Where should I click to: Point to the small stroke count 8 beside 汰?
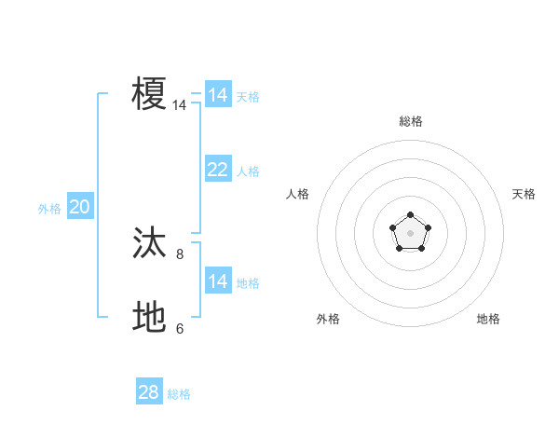pos(180,253)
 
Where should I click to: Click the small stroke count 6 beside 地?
pos(180,328)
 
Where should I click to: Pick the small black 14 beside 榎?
pos(179,105)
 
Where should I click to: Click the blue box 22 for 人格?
pos(217,170)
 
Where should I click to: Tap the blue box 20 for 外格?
pos(79,207)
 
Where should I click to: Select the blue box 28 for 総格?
pos(149,392)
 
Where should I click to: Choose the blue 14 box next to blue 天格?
pos(217,95)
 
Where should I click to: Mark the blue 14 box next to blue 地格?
pos(217,281)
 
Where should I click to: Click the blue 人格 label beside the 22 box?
pos(248,171)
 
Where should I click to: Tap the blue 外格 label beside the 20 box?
pos(49,209)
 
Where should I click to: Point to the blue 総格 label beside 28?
pos(179,394)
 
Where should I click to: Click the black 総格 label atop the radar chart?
pos(410,121)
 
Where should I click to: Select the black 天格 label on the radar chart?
pos(524,194)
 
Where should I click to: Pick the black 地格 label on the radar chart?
pos(488,319)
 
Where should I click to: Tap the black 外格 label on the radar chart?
pos(328,319)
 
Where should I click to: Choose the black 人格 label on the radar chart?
pos(298,194)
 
